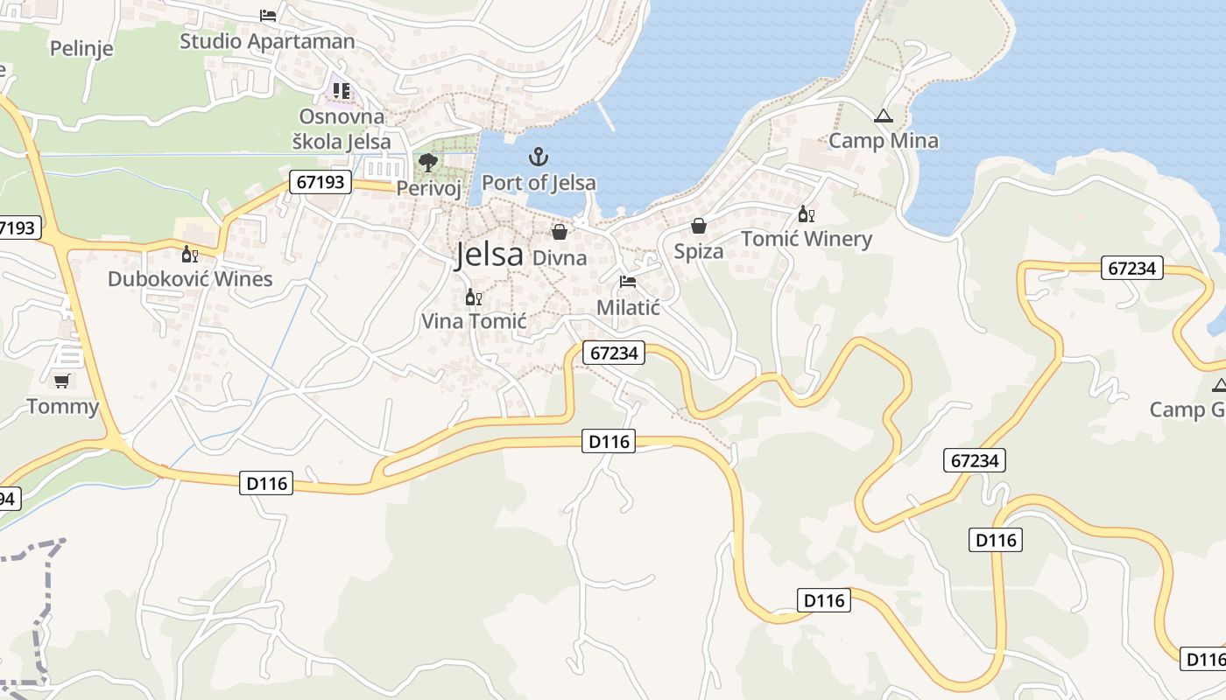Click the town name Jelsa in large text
489,255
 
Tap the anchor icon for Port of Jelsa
539,157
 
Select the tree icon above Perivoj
428,162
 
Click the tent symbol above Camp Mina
883,116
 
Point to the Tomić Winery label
807,239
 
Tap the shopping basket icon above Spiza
699,227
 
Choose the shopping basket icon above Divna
560,232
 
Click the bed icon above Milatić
628,282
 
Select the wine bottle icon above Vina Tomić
473,297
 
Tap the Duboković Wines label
190,279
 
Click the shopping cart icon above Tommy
61,381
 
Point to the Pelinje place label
81,48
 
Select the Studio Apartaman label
267,41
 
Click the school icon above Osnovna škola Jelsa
341,91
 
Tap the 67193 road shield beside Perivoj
321,182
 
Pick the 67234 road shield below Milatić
613,353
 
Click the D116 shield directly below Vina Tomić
609,442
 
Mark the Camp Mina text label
883,141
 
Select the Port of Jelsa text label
539,183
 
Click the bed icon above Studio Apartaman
268,16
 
